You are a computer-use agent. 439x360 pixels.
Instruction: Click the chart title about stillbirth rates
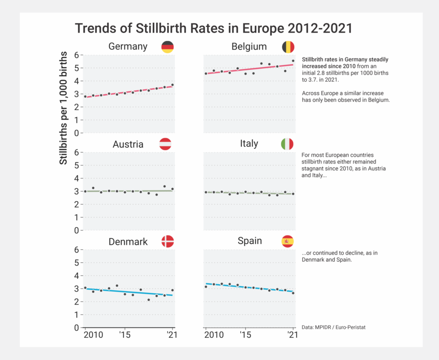pyautogui.click(x=214, y=28)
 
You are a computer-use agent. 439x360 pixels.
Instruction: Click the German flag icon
pyautogui.click(x=168, y=47)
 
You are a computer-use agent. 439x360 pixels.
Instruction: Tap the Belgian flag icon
pyautogui.click(x=288, y=47)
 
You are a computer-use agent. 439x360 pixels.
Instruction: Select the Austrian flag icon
pyautogui.click(x=166, y=144)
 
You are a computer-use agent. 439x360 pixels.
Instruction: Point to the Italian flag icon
pyautogui.click(x=287, y=144)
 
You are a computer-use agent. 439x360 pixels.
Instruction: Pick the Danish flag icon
pyautogui.click(x=168, y=242)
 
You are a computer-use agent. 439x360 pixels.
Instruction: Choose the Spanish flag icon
pyautogui.click(x=287, y=241)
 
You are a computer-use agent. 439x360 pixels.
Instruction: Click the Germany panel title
pyautogui.click(x=128, y=47)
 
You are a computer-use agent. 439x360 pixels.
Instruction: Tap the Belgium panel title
pyautogui.click(x=249, y=47)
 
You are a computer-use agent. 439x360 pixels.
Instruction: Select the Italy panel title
pyautogui.click(x=249, y=144)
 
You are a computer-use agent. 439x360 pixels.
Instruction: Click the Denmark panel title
pyautogui.click(x=128, y=242)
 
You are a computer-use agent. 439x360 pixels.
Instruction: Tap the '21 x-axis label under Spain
pyautogui.click(x=292, y=335)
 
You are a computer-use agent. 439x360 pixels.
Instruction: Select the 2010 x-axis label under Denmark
pyautogui.click(x=94, y=335)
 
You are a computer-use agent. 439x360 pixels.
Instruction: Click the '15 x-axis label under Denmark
pyautogui.click(x=124, y=335)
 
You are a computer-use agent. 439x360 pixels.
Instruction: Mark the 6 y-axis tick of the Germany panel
pyautogui.click(x=77, y=55)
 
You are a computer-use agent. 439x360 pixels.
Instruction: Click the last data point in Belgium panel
pyautogui.click(x=293, y=61)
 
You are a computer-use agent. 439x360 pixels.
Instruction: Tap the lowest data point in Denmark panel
pyautogui.click(x=149, y=300)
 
